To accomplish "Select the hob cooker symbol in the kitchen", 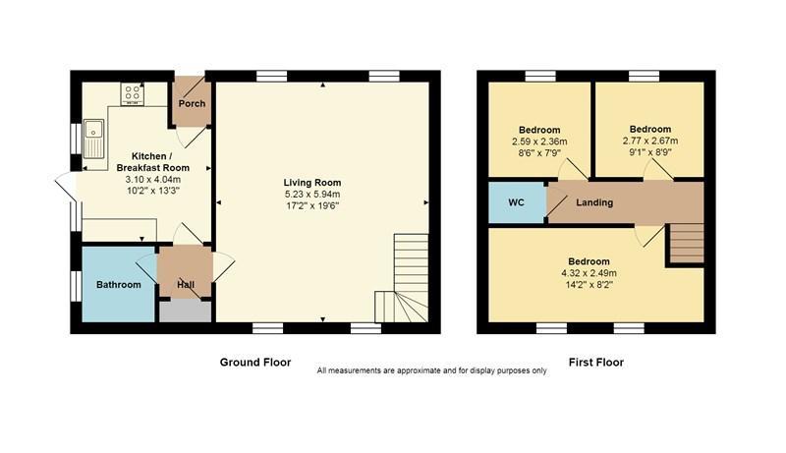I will coord(131,94).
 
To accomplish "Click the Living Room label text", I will coord(311,183).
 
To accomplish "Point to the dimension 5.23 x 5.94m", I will coord(311,195).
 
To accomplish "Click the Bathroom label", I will coord(118,285).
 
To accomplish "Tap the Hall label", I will coord(185,285).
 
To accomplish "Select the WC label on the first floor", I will coord(516,202).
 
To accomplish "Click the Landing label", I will coord(594,202).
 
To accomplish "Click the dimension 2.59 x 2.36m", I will coord(539,142).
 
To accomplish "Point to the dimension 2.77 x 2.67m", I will coord(649,141).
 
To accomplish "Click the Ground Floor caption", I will coord(254,362).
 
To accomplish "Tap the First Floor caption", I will coord(595,362).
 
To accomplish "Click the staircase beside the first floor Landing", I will coord(686,244).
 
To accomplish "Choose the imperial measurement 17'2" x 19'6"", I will coord(311,206).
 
